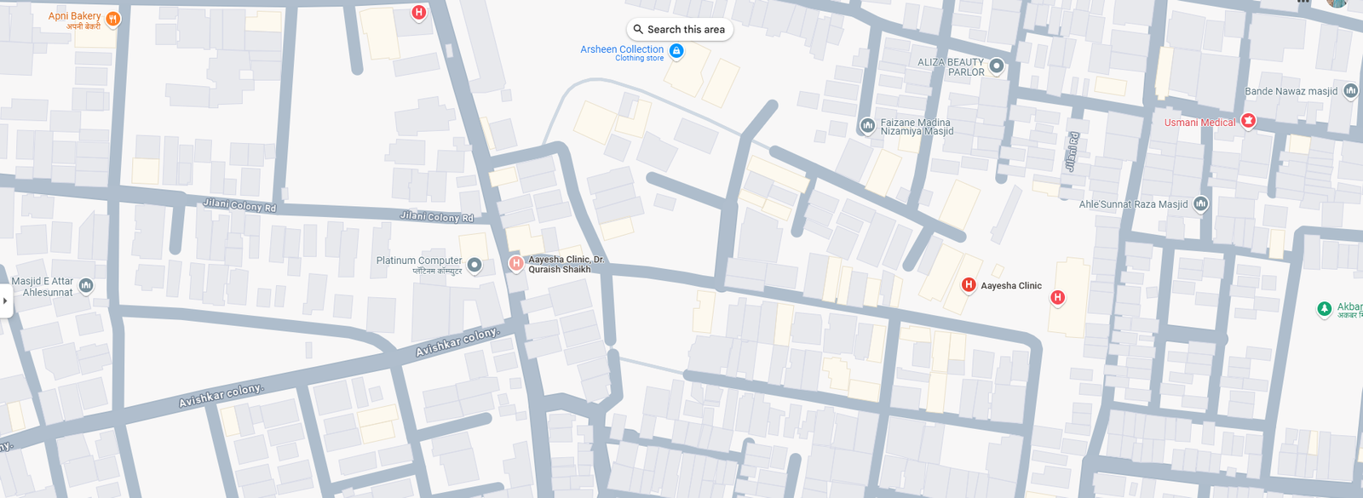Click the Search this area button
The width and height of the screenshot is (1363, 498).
click(679, 30)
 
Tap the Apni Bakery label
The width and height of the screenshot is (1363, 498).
click(74, 16)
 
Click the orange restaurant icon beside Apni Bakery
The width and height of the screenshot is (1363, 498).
click(112, 19)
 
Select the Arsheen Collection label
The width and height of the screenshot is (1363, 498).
click(622, 49)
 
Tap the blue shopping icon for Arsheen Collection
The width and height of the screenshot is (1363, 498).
click(676, 51)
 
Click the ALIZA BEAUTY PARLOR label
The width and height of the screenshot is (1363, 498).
click(951, 67)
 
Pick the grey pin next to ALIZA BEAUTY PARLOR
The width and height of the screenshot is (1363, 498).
click(996, 66)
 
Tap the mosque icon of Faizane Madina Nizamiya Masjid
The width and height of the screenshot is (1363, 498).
click(867, 126)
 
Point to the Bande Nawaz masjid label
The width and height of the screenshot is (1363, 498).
click(1291, 91)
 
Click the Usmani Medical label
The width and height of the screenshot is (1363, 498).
click(1199, 123)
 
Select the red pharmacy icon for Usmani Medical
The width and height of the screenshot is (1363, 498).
click(1248, 121)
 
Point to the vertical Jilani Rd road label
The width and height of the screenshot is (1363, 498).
click(1073, 152)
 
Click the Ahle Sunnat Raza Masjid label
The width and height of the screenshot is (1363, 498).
click(1133, 204)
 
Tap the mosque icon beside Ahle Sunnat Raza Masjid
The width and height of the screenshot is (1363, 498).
click(1201, 203)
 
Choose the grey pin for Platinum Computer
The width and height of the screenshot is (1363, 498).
click(474, 265)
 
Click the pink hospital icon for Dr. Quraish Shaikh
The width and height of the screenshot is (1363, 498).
click(515, 263)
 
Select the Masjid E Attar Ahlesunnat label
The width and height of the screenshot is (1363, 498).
click(43, 287)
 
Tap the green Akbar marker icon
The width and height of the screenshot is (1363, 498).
click(1324, 308)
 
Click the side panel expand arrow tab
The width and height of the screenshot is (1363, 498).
click(5, 301)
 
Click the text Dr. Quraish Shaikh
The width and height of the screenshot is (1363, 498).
click(559, 270)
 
